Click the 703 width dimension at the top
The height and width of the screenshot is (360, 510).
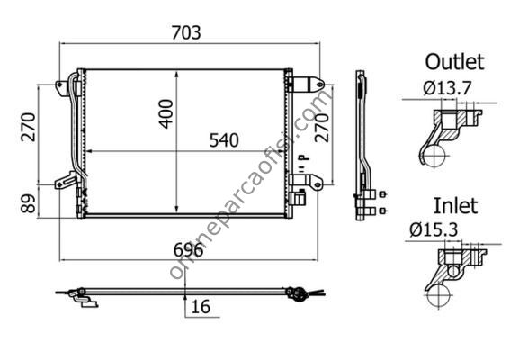(186, 33)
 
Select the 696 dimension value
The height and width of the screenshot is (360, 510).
(188, 250)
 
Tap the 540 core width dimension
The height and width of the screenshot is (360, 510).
(224, 140)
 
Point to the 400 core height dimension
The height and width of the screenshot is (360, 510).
(166, 114)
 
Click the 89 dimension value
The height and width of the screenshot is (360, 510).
(28, 203)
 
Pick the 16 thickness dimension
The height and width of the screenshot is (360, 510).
(201, 307)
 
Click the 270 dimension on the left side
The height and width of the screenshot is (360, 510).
(28, 127)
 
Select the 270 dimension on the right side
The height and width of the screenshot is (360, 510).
(322, 128)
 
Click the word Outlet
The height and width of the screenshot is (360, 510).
(455, 61)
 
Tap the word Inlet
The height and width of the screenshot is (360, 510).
(456, 206)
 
